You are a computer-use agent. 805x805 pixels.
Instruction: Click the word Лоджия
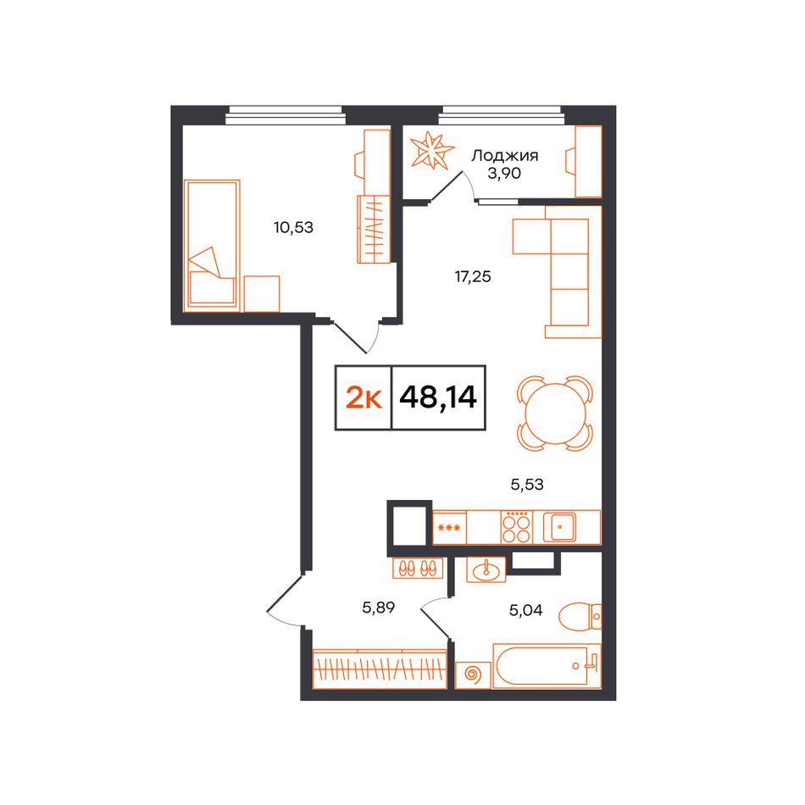click(x=505, y=157)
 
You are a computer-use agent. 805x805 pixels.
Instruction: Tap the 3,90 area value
click(x=504, y=174)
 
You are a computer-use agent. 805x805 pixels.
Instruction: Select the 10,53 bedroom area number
click(x=294, y=227)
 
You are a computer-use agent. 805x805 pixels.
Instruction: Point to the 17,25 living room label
click(x=473, y=277)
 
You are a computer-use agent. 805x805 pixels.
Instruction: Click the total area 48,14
click(x=438, y=397)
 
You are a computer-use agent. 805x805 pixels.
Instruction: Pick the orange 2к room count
click(x=364, y=397)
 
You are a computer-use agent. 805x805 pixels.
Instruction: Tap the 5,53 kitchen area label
click(x=527, y=484)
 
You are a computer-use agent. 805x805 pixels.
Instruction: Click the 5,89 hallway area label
click(x=379, y=608)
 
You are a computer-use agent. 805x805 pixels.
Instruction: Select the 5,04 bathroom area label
click(x=525, y=610)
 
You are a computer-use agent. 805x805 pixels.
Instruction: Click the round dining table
click(x=554, y=414)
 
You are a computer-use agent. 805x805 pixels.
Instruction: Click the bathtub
click(x=547, y=666)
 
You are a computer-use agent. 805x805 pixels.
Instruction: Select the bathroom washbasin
click(x=486, y=570)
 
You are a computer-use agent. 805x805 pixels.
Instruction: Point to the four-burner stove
click(x=517, y=527)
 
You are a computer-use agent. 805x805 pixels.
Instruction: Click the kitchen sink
click(x=559, y=527)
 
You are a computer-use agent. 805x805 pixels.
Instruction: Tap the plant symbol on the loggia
click(x=432, y=151)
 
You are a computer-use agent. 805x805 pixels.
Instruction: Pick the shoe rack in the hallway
click(x=418, y=568)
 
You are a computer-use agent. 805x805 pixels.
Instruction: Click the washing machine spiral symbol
click(x=473, y=675)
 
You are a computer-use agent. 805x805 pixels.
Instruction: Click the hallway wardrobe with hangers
click(x=380, y=668)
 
